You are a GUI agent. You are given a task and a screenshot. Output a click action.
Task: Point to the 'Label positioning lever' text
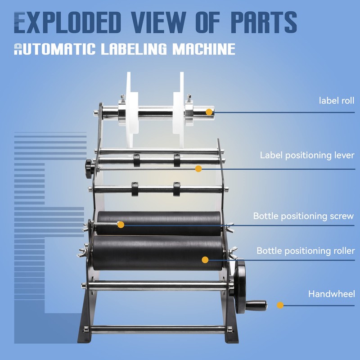click(307, 155)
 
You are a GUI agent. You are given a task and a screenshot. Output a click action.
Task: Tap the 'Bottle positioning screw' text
click(303, 216)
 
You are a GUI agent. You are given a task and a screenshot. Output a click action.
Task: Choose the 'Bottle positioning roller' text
click(306, 251)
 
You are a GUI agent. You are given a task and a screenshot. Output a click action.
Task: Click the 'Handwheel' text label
click(331, 294)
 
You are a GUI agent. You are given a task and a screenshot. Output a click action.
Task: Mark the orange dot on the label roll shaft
click(209, 112)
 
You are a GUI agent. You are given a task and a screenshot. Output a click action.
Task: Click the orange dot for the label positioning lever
click(198, 168)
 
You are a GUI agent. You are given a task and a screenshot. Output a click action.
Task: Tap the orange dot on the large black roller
click(205, 260)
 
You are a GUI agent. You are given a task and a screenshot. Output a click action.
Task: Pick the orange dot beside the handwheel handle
click(280, 305)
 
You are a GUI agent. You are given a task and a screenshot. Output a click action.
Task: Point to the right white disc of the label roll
click(179, 110)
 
